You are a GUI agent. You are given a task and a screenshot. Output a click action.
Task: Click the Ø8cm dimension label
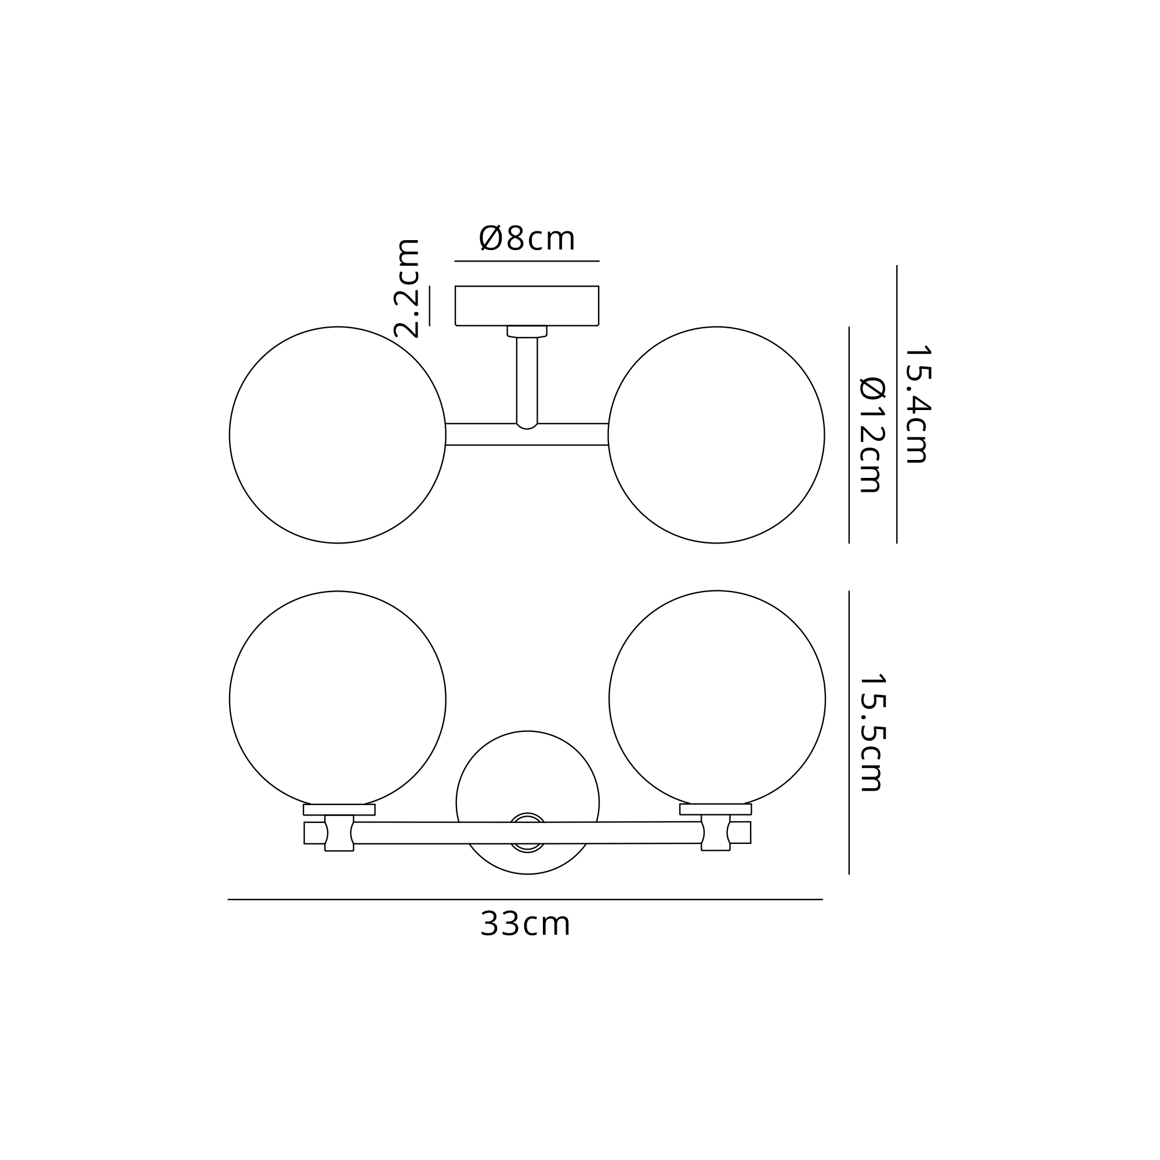click(527, 238)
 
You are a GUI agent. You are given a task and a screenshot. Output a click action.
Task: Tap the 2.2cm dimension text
click(407, 288)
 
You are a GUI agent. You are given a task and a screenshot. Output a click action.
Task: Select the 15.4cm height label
click(918, 405)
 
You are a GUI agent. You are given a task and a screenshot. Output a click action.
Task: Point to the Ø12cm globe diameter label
click(872, 434)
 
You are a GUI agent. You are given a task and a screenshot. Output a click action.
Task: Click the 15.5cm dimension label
click(872, 732)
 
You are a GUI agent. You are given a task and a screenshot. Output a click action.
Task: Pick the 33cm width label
click(525, 924)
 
